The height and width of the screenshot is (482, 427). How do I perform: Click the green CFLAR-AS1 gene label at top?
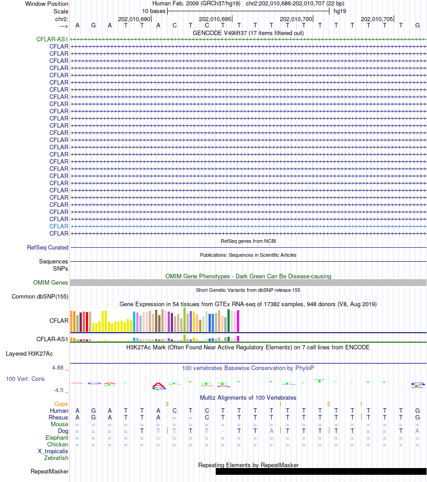(x=52, y=39)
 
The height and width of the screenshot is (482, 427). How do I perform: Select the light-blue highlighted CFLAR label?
(x=59, y=226)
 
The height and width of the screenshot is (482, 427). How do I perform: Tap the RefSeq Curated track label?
(x=48, y=247)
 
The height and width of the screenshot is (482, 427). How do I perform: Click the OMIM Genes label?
(x=51, y=282)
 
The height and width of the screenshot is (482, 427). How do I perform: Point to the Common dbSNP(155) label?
(x=40, y=296)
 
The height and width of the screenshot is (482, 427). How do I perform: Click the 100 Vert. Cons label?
(x=25, y=379)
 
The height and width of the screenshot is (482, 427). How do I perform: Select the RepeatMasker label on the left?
(x=49, y=471)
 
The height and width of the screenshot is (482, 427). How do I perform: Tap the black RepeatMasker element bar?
(x=321, y=471)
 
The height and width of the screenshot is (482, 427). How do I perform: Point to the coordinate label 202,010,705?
(x=377, y=19)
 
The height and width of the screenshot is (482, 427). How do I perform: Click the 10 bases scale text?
(x=154, y=11)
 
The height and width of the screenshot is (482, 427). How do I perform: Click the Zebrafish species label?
(x=56, y=458)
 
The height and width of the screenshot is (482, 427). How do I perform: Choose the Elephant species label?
(x=57, y=437)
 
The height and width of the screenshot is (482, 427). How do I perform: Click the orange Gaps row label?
(x=61, y=404)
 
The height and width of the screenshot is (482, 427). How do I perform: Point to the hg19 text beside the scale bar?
(x=339, y=11)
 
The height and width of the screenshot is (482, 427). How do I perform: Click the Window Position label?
(x=47, y=4)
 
